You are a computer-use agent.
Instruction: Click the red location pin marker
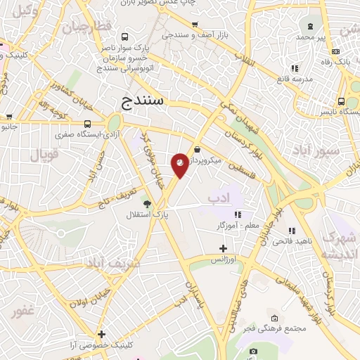click(180, 165)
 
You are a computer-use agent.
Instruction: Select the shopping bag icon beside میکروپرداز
click(198, 150)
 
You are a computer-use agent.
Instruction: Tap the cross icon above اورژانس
click(223, 248)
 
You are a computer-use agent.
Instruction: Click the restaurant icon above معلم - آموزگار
click(238, 214)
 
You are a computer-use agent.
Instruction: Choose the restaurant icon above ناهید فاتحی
click(291, 231)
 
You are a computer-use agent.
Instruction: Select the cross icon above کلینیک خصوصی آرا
click(102, 334)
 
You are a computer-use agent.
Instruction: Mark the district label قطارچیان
click(86, 28)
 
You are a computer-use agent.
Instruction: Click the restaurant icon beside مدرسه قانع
click(294, 68)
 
